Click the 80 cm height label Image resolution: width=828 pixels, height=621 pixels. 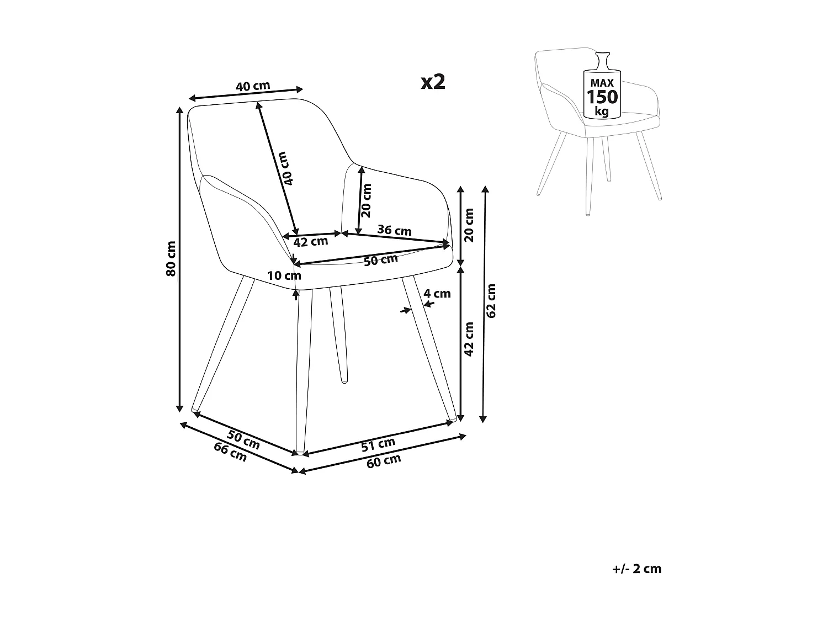(171, 258)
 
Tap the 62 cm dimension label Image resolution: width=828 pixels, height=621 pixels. (492, 300)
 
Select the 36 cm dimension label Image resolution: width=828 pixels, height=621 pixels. (394, 230)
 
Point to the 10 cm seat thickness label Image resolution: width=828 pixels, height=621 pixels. (284, 275)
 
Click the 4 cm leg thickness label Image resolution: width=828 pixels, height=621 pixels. (437, 294)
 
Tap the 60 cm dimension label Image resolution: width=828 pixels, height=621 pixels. (384, 460)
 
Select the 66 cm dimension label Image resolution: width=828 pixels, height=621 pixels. (230, 452)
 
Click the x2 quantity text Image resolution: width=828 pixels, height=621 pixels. (433, 82)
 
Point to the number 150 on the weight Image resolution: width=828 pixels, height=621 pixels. (602, 97)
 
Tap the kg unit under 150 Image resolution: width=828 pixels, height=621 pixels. (602, 112)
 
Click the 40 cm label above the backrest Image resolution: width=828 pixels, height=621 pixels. (253, 86)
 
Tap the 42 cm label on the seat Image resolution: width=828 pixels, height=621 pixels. (310, 242)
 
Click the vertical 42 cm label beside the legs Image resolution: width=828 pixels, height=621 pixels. (469, 338)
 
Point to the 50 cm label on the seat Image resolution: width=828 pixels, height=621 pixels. (381, 259)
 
